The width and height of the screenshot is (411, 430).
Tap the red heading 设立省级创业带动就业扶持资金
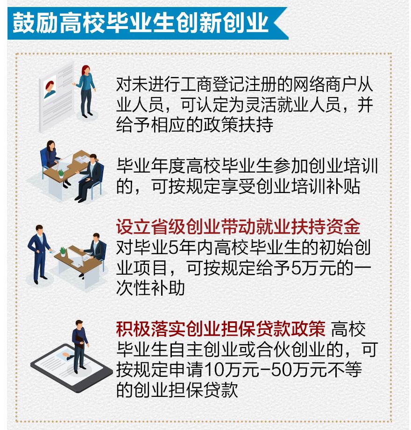(238, 227)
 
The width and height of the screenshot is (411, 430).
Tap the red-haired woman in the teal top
(85, 91)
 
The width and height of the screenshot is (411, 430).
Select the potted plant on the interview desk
(61, 174)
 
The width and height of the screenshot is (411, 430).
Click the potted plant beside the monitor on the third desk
(63, 252)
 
